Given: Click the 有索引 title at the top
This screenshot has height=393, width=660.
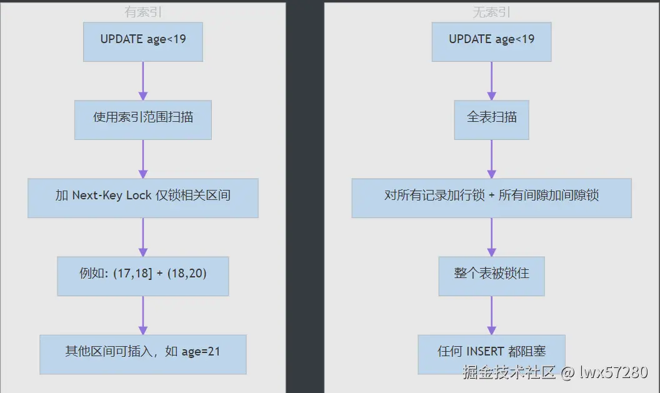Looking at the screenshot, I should pos(143,12).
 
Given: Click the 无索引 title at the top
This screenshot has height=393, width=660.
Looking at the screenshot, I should pos(491,12).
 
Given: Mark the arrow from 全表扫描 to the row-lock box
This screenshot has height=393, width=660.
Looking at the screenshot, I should pos(491,159).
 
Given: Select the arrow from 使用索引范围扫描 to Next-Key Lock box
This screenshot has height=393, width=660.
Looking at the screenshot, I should pos(143,159).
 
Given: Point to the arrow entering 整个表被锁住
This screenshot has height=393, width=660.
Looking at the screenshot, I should pos(491,237).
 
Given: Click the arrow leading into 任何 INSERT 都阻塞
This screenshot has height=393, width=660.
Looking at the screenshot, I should pos(491,315).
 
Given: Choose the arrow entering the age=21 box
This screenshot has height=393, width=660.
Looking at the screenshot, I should pos(143,315).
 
